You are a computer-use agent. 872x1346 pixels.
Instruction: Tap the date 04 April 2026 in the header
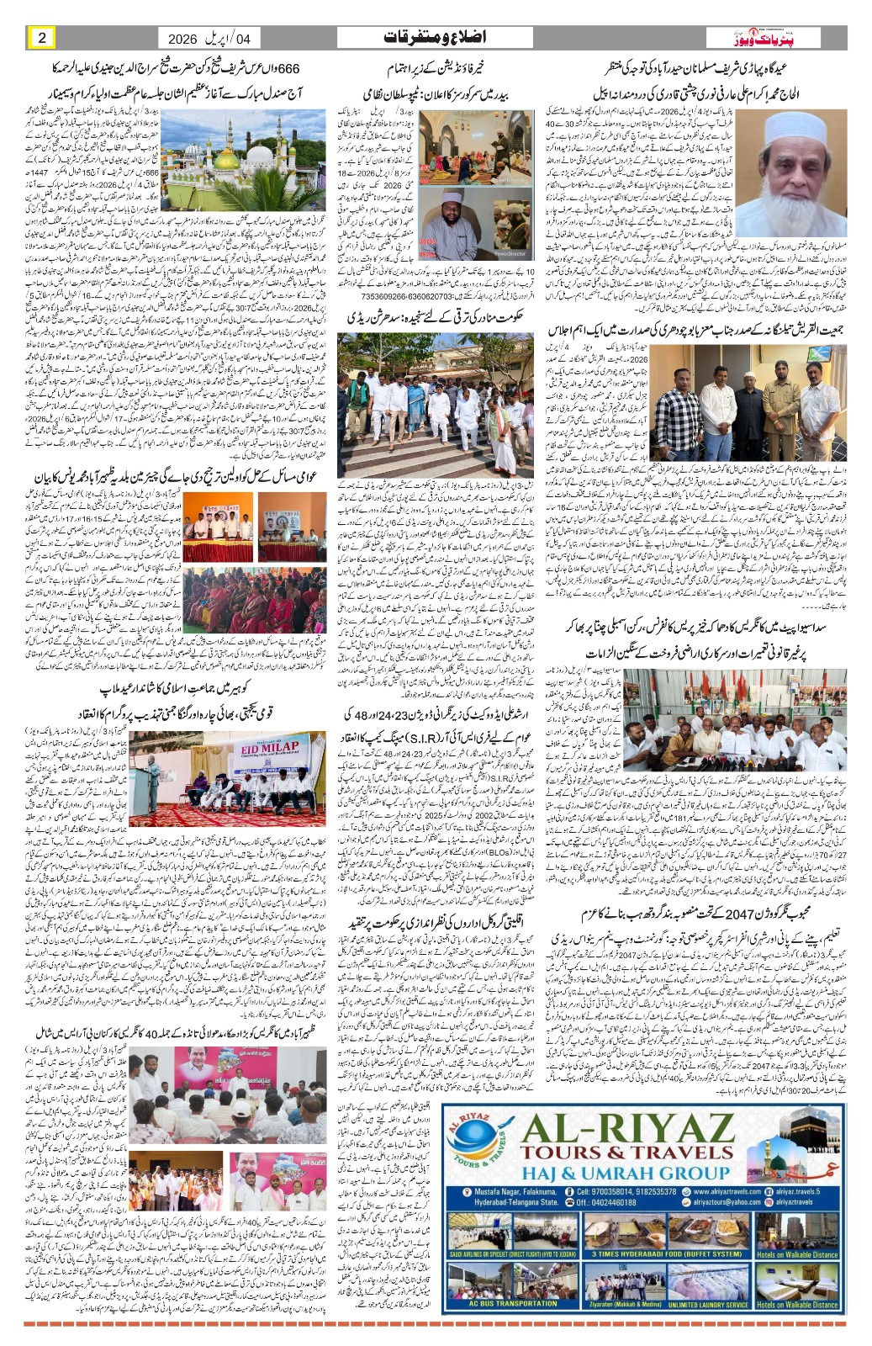coord(209,39)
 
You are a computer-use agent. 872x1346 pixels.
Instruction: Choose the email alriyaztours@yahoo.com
coord(706,1203)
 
